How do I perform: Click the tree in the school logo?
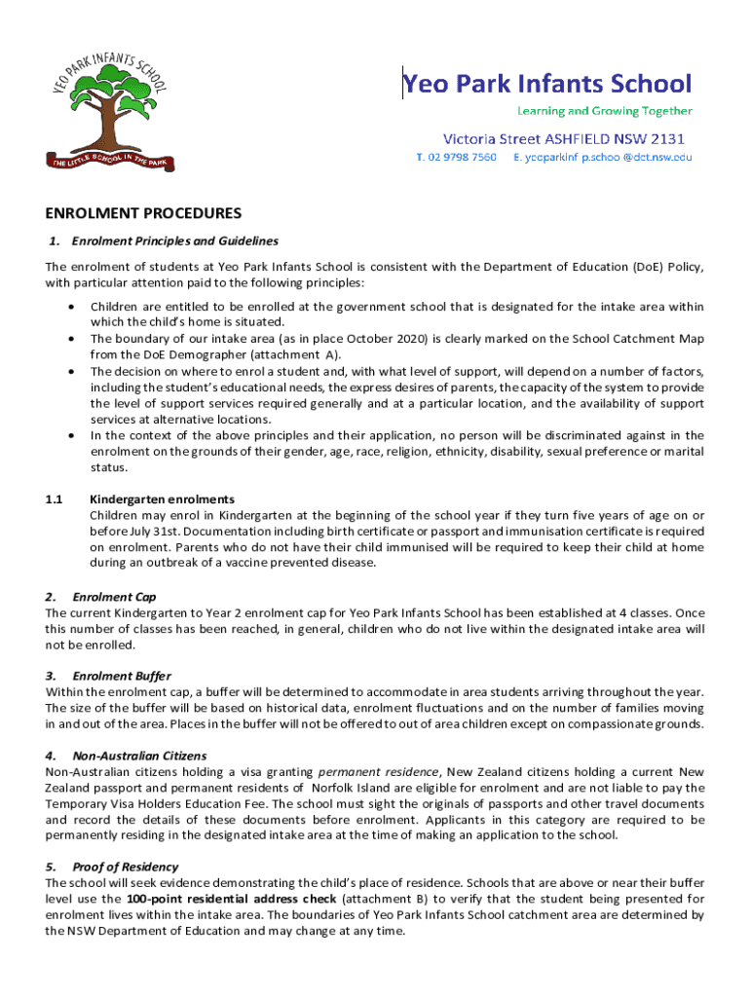click(x=107, y=107)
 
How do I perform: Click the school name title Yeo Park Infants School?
click(x=548, y=84)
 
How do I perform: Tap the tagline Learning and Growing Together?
click(x=604, y=111)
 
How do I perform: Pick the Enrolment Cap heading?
click(x=114, y=596)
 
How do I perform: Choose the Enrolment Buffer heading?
click(x=122, y=676)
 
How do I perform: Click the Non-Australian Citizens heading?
click(x=139, y=756)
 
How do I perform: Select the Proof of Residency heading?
click(x=126, y=867)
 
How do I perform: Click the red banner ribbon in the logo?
click(x=107, y=161)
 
